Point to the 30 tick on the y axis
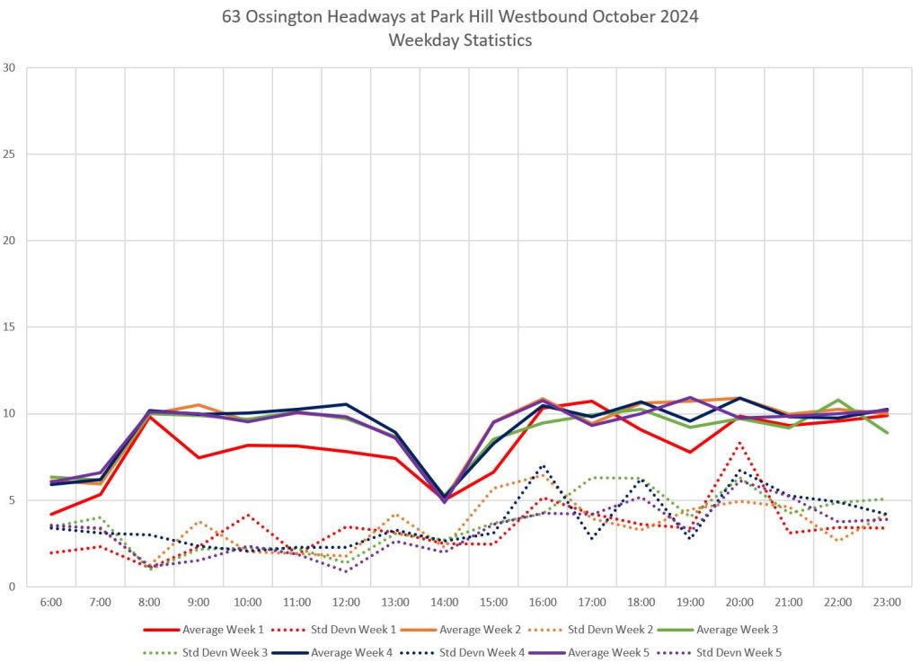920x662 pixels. pos(10,68)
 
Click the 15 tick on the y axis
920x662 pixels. pos(10,328)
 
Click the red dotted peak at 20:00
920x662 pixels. pos(739,442)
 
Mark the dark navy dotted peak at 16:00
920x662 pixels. pos(543,465)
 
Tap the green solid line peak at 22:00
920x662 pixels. pos(837,400)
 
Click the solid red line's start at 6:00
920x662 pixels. pos(51,514)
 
